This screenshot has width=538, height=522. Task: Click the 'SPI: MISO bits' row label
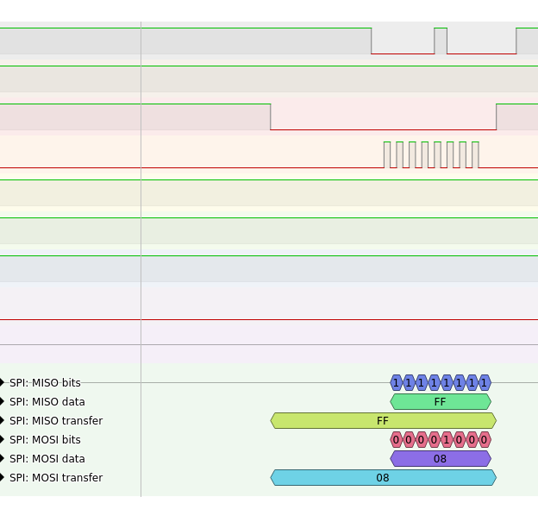click(x=45, y=383)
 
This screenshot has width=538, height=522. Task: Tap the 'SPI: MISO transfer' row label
click(x=55, y=421)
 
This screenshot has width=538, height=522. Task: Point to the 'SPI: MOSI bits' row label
click(x=45, y=440)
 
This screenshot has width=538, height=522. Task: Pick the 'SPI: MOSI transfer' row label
click(x=55, y=478)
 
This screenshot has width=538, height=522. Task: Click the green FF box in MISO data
click(x=440, y=402)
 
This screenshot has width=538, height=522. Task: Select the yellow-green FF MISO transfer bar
click(x=383, y=421)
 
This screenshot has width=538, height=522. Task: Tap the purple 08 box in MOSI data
click(x=440, y=459)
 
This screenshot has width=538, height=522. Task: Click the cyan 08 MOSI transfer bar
click(x=383, y=478)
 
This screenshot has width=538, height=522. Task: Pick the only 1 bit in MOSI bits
click(x=447, y=440)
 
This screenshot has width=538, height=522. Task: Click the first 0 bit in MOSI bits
click(x=397, y=440)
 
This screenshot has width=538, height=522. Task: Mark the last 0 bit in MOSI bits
click(x=485, y=440)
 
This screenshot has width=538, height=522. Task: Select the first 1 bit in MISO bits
click(x=397, y=382)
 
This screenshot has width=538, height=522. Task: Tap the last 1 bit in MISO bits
click(x=485, y=382)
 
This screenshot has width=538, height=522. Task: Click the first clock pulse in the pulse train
click(x=387, y=154)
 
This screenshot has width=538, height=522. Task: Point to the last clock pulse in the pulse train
click(x=475, y=154)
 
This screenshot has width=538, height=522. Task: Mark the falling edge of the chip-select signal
click(x=271, y=116)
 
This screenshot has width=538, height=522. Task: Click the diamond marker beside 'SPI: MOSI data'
click(x=2, y=459)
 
